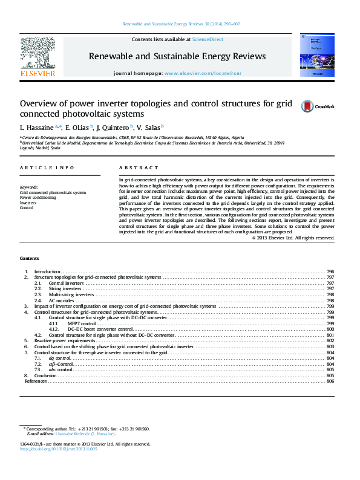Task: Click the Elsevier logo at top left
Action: pyautogui.click(x=38, y=56)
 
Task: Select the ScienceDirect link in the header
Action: pyautogui.click(x=208, y=39)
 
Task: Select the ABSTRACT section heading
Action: pyautogui.click(x=139, y=167)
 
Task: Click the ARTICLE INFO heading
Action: pyautogui.click(x=47, y=167)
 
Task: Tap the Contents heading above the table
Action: pyautogui.click(x=30, y=258)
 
